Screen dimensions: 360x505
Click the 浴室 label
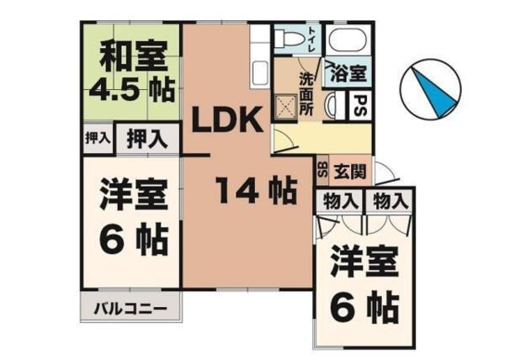(351, 74)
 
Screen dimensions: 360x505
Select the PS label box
(359, 107)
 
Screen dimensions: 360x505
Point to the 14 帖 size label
(252, 192)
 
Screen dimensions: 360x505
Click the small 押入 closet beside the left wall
(98, 137)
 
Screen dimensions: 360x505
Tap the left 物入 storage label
(338, 200)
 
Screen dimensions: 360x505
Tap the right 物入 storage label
(389, 200)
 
